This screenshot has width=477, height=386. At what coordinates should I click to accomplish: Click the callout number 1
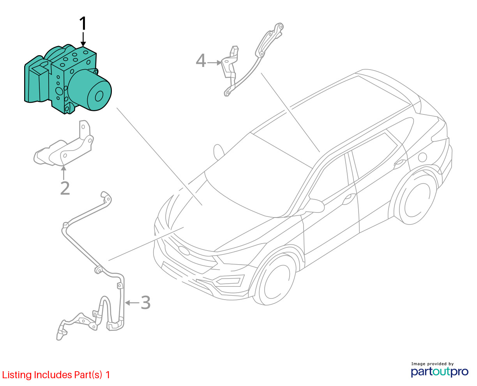(83, 24)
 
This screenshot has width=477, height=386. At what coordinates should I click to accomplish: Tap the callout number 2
(65, 188)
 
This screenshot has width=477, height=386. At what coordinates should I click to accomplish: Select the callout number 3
(145, 302)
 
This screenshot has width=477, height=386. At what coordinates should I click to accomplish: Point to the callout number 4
(201, 61)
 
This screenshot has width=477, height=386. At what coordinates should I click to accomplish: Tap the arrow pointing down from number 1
(83, 40)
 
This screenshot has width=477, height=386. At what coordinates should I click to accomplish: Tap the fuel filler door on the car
(422, 158)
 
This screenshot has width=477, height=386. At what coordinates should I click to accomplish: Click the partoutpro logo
(440, 372)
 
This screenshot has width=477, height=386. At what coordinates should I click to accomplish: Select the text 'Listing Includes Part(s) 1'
(56, 375)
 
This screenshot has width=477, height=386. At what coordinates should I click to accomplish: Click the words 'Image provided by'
(433, 364)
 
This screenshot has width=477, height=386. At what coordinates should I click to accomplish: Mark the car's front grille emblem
(183, 250)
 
